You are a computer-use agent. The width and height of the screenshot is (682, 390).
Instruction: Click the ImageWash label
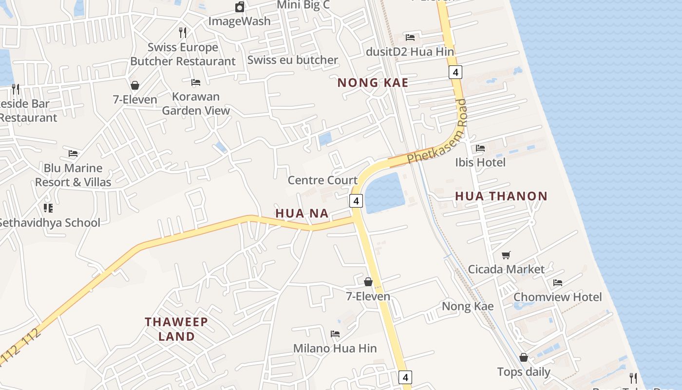239,21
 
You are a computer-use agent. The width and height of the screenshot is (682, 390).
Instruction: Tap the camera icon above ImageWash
240,7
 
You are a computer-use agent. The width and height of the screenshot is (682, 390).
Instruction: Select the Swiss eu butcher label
292,60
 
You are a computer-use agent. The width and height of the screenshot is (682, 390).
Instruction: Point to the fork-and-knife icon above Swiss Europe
183,33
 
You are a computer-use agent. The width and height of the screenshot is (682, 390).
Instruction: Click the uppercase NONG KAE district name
373,83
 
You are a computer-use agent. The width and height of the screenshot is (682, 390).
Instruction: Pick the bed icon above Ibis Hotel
480,148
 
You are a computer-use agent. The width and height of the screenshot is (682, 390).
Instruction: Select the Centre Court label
322,180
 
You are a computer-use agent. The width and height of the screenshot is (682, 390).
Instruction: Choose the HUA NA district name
302,214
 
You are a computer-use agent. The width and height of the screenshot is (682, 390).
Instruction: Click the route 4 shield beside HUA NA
356,200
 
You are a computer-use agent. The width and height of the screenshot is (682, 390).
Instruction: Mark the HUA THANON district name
501,196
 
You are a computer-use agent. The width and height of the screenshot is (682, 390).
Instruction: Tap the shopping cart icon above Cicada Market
506,255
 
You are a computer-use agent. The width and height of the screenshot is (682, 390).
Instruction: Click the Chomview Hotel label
558,297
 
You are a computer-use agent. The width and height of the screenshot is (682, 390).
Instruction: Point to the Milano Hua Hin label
335,349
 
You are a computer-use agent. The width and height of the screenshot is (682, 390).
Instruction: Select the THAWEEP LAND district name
176,329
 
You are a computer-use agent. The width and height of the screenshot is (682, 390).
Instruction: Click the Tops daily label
524,372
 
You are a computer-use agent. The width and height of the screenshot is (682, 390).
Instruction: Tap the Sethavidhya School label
49,223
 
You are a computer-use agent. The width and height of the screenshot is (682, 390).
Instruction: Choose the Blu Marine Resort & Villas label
73,175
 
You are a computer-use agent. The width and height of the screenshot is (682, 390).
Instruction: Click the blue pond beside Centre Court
385,194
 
